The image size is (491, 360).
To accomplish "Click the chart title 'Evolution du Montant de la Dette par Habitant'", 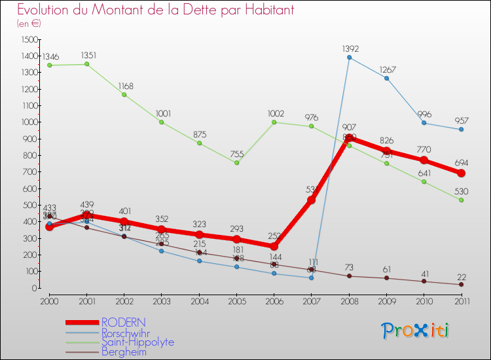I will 155,10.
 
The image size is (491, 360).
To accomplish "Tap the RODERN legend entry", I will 124,323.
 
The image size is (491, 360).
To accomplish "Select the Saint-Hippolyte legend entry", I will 137,342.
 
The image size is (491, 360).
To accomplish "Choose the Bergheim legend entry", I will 124,351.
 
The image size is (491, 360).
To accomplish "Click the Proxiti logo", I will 415,330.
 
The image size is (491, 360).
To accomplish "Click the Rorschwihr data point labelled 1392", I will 349,57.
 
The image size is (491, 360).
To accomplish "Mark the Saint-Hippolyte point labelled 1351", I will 87,63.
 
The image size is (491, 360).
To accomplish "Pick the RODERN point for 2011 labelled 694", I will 461,173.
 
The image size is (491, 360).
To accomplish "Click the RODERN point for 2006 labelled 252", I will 274,246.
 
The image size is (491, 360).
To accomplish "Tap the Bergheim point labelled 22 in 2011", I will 461,284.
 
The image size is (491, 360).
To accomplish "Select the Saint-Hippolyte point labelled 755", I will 236,162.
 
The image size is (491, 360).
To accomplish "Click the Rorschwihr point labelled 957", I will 461,129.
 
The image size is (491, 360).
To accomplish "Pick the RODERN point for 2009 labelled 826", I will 386,151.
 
